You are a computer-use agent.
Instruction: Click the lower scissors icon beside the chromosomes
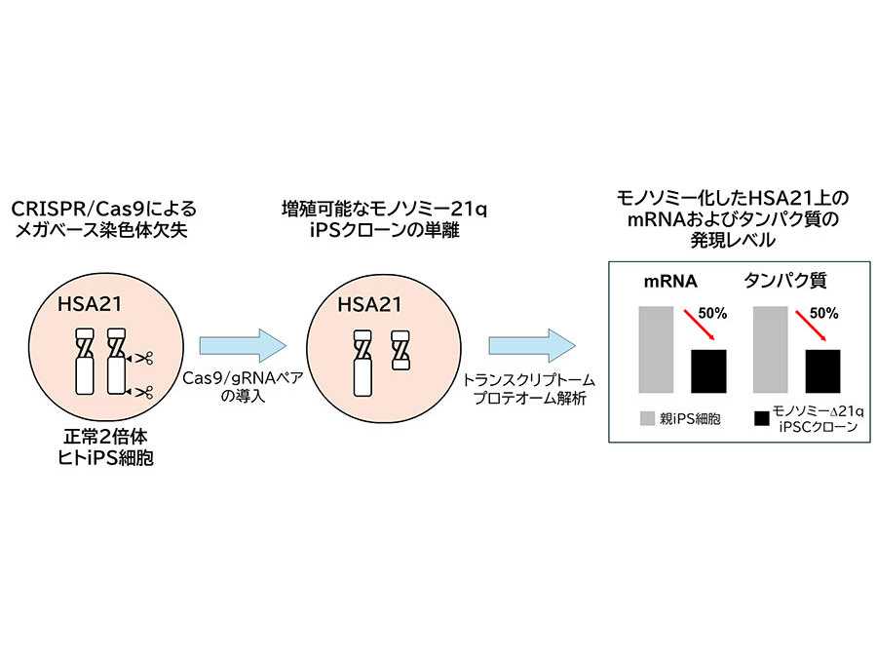[144, 393]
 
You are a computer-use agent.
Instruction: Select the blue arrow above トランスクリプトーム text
[532, 345]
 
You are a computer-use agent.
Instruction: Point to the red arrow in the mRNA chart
[698, 326]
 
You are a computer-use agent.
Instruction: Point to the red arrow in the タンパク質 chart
[813, 326]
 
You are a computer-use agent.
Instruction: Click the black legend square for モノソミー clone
[763, 419]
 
